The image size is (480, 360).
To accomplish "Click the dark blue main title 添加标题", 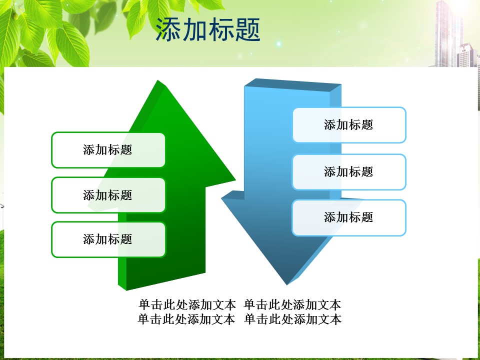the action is click(208, 29).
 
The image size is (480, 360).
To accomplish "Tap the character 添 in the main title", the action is click(168, 29).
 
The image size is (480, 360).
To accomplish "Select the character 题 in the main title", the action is click(248, 29).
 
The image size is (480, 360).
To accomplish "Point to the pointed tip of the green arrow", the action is click(158, 81).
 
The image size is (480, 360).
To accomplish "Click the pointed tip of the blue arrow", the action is click(287, 284).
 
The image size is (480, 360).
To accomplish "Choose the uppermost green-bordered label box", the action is click(108, 150).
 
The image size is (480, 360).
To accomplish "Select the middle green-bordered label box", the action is click(108, 195).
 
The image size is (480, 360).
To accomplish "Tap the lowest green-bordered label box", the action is click(108, 239).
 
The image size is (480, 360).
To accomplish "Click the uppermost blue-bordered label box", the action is click(349, 125).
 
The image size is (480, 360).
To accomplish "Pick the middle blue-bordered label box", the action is click(349, 172).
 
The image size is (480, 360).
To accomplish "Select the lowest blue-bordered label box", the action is click(349, 217).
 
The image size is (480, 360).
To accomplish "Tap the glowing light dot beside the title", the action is click(278, 44).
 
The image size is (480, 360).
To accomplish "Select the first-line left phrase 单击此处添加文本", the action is click(187, 305).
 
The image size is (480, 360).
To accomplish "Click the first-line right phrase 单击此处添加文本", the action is click(292, 305).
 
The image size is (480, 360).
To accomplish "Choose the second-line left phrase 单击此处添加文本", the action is click(186, 319).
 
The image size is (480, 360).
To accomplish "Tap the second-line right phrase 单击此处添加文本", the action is click(292, 319).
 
